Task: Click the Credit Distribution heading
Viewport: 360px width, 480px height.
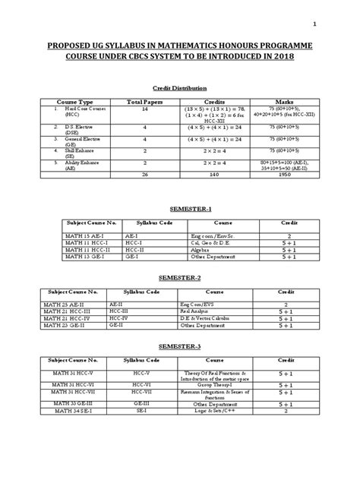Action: coord(180,88)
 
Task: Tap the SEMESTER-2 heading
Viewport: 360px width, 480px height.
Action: coord(179,279)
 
